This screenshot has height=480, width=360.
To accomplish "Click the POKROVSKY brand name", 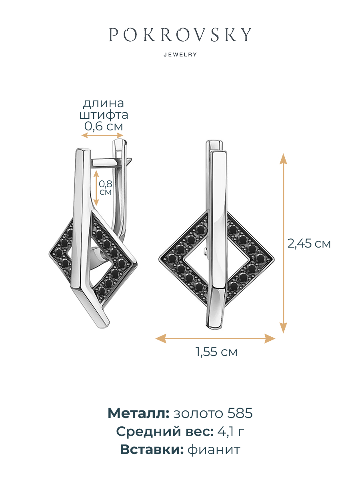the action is click(180, 34).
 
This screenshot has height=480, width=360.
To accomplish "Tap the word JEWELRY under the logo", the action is click(180, 54).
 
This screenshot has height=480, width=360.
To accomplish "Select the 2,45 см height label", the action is click(309, 243).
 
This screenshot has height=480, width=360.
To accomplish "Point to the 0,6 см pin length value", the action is click(104, 126).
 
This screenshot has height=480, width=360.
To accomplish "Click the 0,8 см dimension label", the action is click(106, 188).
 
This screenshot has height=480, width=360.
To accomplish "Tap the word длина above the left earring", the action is click(103, 104).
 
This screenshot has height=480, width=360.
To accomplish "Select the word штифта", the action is click(104, 115).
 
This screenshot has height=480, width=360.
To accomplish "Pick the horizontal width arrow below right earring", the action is click(215, 338).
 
